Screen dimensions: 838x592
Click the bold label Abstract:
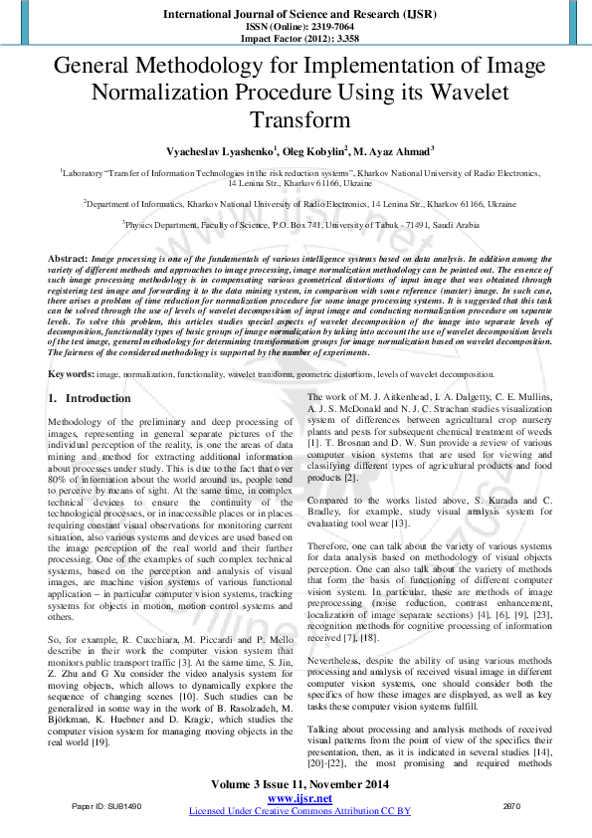(x=68, y=258)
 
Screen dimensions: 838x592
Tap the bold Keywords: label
(x=72, y=373)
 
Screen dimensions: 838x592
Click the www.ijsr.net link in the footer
(x=299, y=798)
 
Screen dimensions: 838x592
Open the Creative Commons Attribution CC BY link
(x=300, y=811)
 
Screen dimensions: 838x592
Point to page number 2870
(x=513, y=805)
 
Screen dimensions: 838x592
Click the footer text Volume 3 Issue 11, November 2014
(x=299, y=786)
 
